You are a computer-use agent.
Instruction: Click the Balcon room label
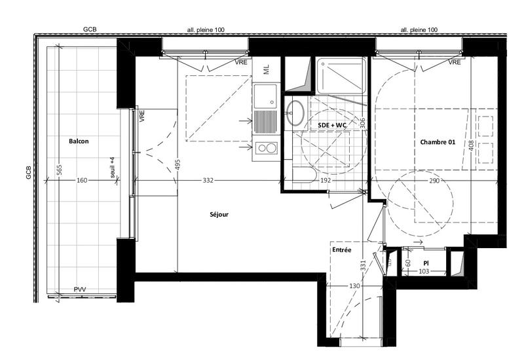[x=78, y=141]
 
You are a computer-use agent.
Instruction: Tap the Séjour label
[x=219, y=214]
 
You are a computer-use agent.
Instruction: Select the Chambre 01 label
[x=437, y=142]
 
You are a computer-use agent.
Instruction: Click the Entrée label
[x=341, y=250]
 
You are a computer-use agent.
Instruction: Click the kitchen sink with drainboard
[x=267, y=111]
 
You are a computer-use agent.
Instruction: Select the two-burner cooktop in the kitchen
[x=267, y=149]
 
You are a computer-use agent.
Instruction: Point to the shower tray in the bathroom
[x=341, y=77]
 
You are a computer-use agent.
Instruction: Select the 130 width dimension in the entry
[x=354, y=287]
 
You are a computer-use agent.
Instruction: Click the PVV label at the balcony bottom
[x=80, y=289]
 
